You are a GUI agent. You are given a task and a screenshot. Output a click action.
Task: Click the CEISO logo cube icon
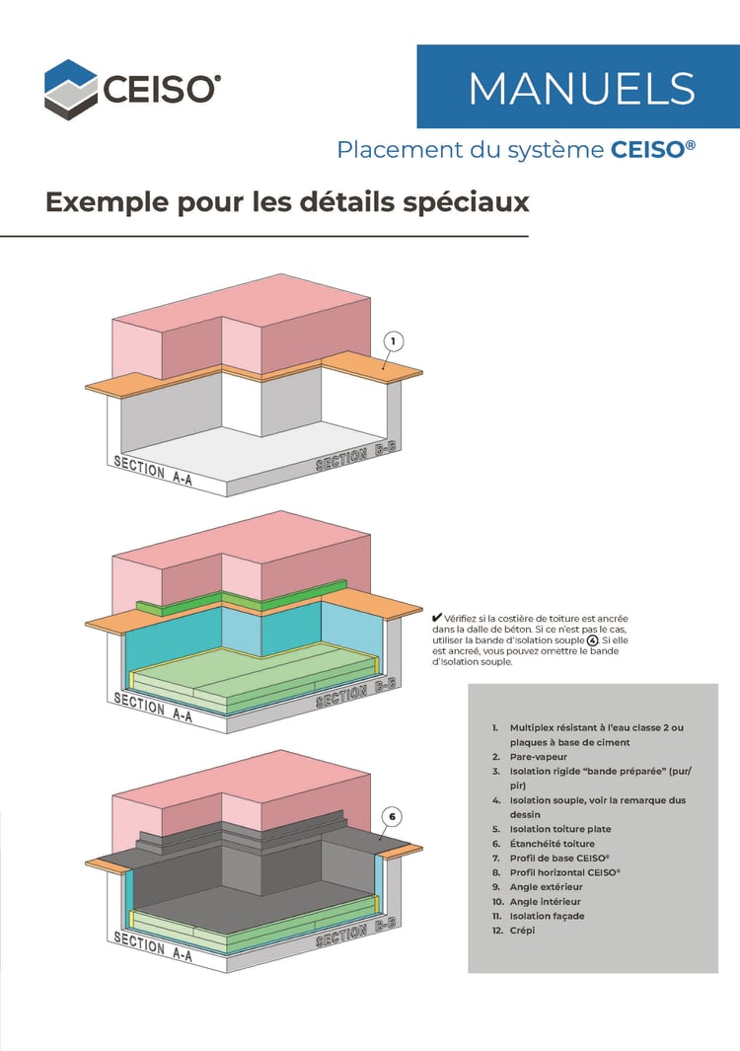pos(71,90)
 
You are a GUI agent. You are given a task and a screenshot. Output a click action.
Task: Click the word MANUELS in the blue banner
pos(581,89)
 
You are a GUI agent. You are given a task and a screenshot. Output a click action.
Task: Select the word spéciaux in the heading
pos(468,202)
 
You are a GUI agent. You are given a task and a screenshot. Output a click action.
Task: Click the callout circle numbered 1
pos(392,341)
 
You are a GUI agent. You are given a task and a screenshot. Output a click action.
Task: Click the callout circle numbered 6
pos(392,816)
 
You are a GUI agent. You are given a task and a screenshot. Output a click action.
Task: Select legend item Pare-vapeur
pos(538,757)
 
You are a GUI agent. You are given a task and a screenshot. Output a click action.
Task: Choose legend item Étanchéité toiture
pos(552,844)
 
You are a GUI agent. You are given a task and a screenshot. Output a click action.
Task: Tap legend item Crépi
pos(523,931)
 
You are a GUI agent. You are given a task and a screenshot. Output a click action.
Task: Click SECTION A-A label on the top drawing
pos(153,468)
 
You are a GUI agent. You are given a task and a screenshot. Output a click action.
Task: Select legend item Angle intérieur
pos(545,902)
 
